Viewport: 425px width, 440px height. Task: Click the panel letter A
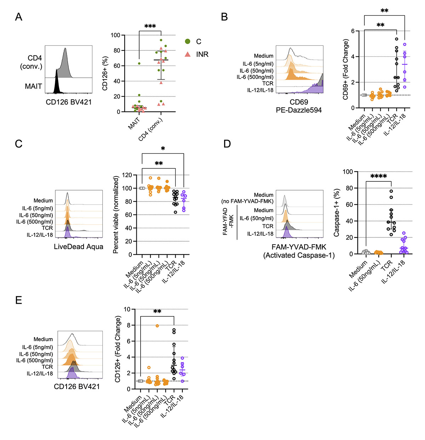[x=19, y=17]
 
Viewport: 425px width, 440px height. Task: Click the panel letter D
[x=227, y=144]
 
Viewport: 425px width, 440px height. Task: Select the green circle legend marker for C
[x=188, y=42]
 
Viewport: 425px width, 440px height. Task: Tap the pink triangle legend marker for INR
[x=188, y=54]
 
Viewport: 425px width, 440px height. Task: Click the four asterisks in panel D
[x=378, y=176]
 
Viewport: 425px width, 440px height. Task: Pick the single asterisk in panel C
[x=163, y=149]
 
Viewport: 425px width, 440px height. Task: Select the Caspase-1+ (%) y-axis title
[x=336, y=213]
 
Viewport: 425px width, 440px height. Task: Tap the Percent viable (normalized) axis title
[x=115, y=215]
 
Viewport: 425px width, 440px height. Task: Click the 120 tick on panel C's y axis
[x=127, y=175]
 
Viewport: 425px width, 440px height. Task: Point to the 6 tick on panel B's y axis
[x=353, y=31]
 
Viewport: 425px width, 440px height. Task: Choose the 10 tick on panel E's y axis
[x=127, y=309]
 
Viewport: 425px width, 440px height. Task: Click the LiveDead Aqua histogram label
[x=78, y=247]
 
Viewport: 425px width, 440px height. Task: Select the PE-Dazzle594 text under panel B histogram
[x=299, y=110]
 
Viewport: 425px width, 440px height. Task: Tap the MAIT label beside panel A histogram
[x=33, y=86]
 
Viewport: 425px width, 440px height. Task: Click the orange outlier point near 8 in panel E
[x=157, y=326]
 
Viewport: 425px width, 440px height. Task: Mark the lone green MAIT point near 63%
[x=139, y=64]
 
